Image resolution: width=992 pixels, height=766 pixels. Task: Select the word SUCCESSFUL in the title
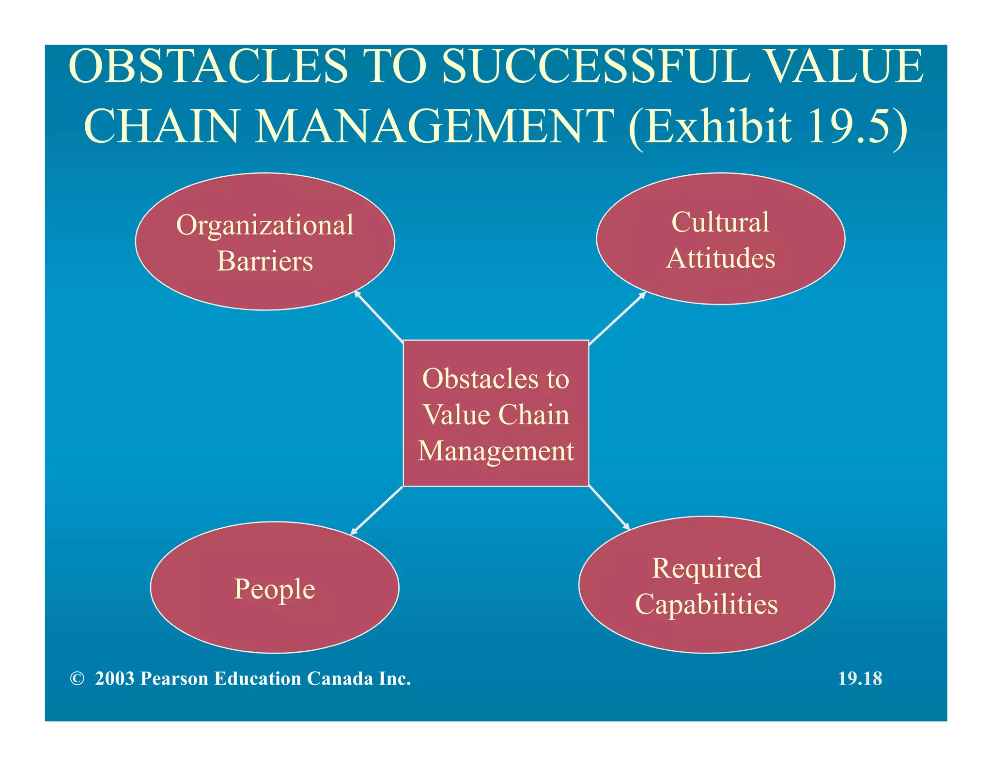click(595, 66)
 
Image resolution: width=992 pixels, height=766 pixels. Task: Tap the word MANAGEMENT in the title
click(434, 126)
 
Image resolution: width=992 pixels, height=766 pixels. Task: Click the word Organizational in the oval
click(265, 226)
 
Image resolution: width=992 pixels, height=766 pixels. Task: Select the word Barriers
click(265, 261)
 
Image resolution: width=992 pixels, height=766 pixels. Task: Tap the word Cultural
click(720, 223)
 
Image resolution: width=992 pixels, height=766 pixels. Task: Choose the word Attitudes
click(720, 258)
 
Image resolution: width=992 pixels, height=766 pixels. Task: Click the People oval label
click(274, 589)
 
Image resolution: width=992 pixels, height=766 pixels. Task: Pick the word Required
click(706, 568)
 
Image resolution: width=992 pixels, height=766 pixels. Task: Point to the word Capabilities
click(706, 605)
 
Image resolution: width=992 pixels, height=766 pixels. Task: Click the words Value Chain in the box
click(496, 415)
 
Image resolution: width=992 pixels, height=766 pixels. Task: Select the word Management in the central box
click(496, 451)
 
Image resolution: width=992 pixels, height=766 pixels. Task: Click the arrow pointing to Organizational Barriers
click(379, 316)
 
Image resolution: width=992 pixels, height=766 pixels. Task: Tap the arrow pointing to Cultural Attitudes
click(618, 317)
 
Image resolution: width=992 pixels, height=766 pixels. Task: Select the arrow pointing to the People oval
click(377, 510)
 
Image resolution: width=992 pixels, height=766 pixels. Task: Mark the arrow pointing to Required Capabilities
click(609, 508)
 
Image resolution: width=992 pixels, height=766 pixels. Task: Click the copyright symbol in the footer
click(77, 679)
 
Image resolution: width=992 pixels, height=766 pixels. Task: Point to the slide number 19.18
click(860, 679)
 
